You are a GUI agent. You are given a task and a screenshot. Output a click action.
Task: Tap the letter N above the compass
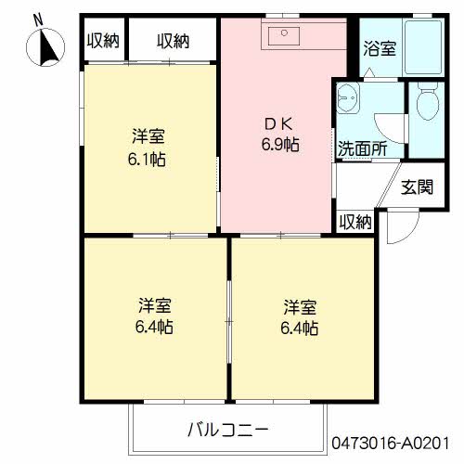click(36, 18)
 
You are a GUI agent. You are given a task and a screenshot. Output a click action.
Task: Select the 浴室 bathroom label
click(379, 47)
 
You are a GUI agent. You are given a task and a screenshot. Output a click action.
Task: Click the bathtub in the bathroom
click(425, 47)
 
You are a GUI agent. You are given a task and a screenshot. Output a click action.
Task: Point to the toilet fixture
click(428, 104)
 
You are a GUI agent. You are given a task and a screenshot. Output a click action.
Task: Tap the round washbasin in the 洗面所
click(350, 97)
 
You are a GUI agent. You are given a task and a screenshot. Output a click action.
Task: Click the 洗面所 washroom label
click(362, 147)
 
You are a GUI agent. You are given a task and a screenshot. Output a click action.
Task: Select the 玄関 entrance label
click(417, 187)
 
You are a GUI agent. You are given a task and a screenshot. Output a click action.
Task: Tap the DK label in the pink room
click(278, 122)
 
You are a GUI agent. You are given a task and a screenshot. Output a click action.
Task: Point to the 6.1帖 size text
click(148, 159)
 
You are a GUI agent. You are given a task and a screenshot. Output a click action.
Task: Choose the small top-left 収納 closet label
click(102, 40)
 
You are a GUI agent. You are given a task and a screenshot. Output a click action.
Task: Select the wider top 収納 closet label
click(173, 40)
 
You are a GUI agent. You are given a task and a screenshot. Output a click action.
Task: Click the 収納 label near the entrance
click(354, 222)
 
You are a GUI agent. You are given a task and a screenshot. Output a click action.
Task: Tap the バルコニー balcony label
click(227, 430)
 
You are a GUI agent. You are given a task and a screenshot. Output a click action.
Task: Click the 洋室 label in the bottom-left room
click(154, 304)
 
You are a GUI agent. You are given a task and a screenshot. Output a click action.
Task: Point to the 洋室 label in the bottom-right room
click(300, 305)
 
